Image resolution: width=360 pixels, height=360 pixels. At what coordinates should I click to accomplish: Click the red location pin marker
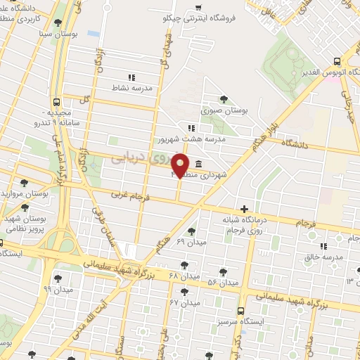click(181, 165)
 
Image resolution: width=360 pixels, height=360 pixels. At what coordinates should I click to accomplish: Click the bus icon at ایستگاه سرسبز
click(241, 310)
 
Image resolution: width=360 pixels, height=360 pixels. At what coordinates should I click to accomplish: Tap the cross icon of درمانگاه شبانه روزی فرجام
click(244, 208)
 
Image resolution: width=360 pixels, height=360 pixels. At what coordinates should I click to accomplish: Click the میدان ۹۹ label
click(57, 289)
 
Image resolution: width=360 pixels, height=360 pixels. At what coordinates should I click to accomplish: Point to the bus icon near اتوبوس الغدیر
click(337, 61)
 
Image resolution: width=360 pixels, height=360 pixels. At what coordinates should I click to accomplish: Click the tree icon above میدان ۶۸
click(184, 265)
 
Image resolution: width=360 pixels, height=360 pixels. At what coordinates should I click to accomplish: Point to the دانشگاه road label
click(295, 142)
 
